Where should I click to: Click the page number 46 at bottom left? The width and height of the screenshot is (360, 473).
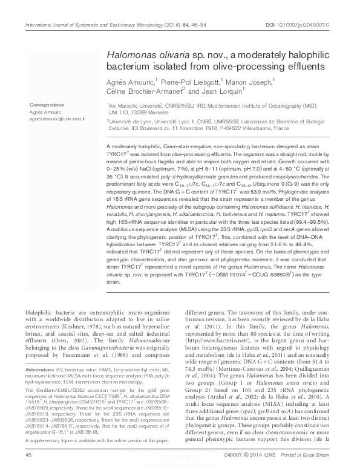point(28,453)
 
